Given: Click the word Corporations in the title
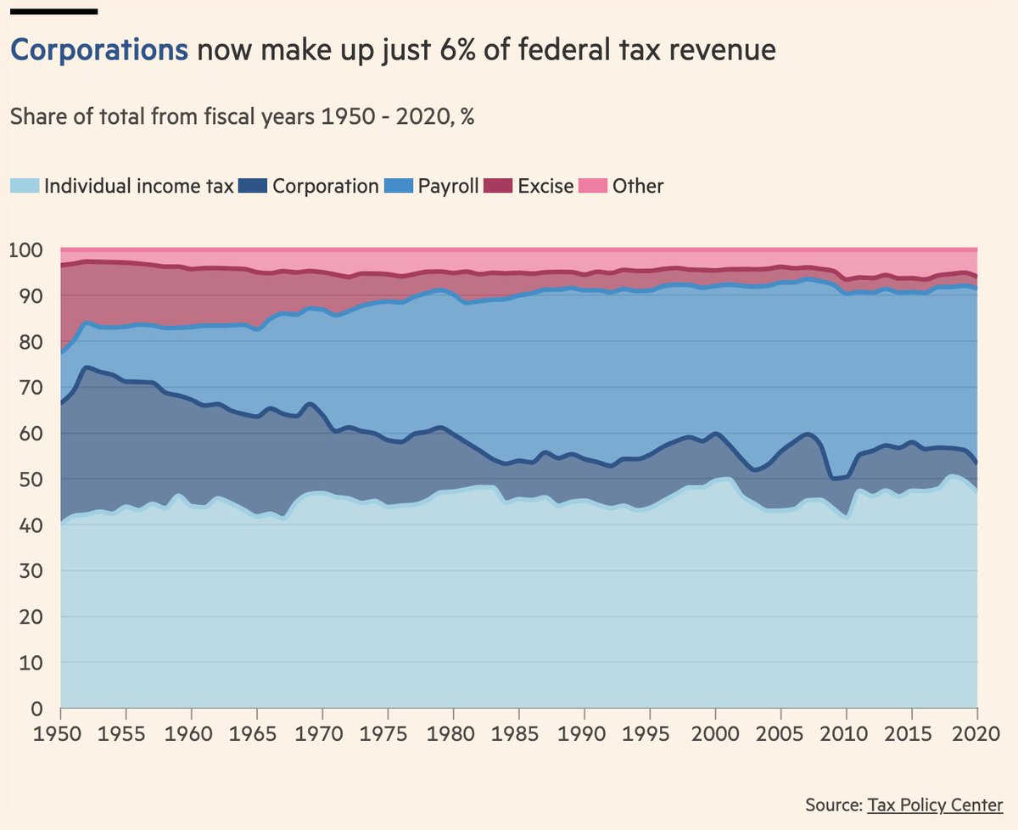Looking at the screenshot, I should click(98, 50).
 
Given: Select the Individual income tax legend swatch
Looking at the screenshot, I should click(24, 186).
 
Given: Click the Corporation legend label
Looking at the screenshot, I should click(325, 186).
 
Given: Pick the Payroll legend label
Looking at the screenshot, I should click(449, 186).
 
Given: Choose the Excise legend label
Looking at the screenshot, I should click(546, 186).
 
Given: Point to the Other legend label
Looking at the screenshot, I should click(639, 186).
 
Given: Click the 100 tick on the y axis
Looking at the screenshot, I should click(25, 251).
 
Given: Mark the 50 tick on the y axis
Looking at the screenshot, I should click(30, 479).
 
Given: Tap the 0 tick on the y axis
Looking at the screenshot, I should click(36, 709).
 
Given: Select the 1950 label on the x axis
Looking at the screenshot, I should click(61, 732).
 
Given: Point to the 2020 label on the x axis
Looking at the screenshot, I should click(976, 732).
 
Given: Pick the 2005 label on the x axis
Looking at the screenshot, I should click(780, 732).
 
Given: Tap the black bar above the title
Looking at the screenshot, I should click(53, 11).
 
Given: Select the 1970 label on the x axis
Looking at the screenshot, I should click(322, 732).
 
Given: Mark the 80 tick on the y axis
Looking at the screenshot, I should click(30, 342).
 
